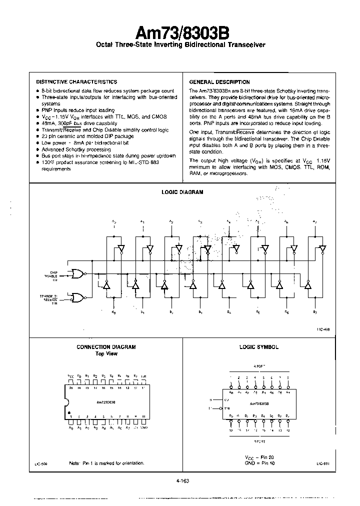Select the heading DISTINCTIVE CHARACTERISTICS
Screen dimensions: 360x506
[x=76, y=81]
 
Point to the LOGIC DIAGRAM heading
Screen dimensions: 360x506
[x=182, y=192]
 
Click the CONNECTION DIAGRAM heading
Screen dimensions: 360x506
[x=106, y=347]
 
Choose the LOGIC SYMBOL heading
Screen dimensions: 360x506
[x=258, y=347]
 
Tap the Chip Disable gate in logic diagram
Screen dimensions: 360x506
[x=78, y=273]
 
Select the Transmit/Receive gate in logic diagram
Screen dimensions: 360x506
[x=78, y=298]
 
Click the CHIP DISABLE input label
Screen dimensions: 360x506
[x=50, y=274]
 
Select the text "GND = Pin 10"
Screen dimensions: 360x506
[x=258, y=463]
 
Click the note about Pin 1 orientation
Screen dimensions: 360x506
[x=106, y=463]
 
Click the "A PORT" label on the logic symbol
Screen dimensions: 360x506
[x=258, y=365]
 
